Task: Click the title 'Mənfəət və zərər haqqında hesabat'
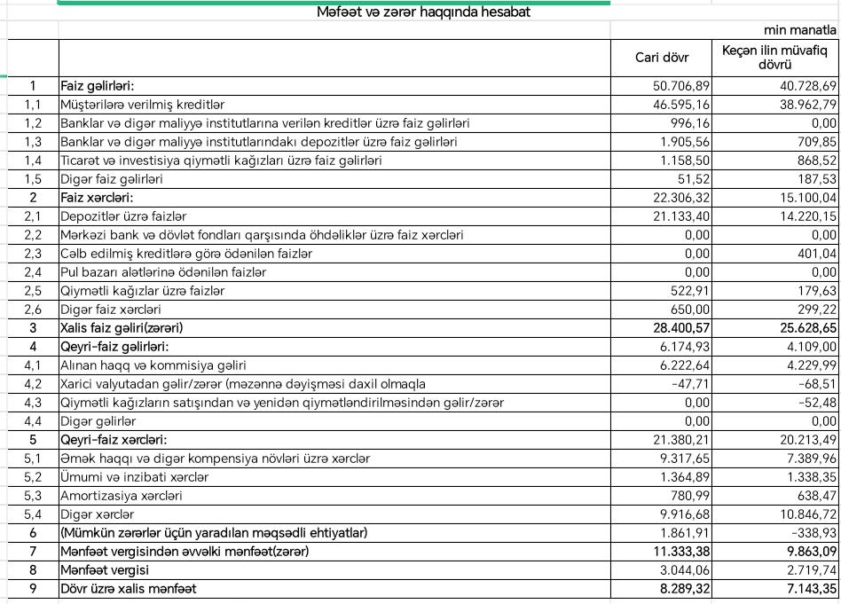[423, 12]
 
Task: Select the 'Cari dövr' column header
[660, 59]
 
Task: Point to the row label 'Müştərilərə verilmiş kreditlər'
[142, 105]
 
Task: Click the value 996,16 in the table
[692, 123]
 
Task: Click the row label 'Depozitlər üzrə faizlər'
[123, 216]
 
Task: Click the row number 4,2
[33, 384]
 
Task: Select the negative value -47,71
[693, 384]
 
